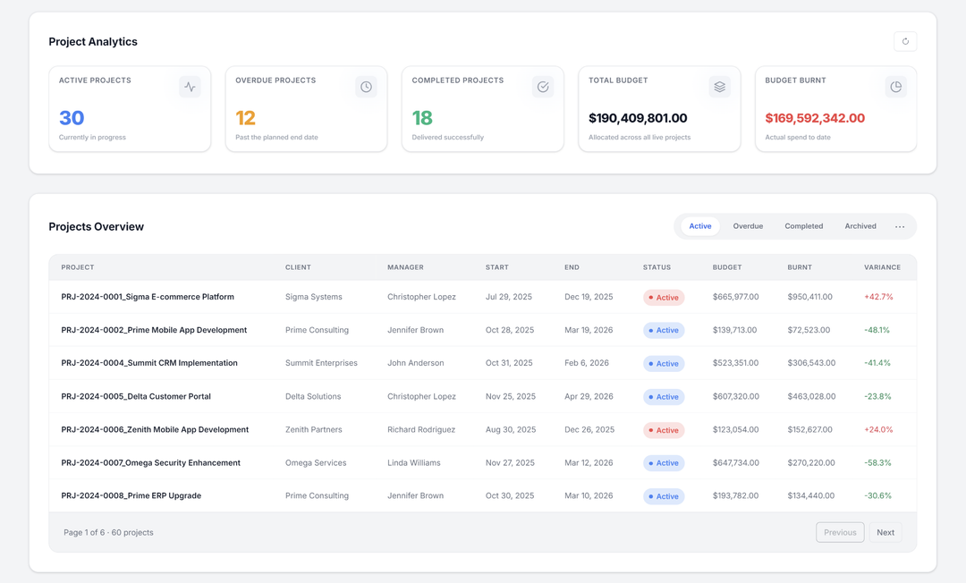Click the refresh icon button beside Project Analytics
tap(905, 41)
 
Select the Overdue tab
tap(748, 226)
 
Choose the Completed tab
tap(803, 226)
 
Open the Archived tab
tap(860, 226)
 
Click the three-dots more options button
tap(900, 227)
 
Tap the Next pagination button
tap(885, 532)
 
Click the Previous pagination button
tap(840, 532)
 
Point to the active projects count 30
tap(72, 118)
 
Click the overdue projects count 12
tap(246, 118)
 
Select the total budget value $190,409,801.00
tap(638, 118)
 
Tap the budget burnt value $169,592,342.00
tap(815, 118)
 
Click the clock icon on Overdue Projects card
tap(366, 87)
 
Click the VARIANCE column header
tap(882, 267)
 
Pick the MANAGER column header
tap(405, 267)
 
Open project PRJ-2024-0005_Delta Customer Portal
tap(136, 396)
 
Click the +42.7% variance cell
tap(878, 297)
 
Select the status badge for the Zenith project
tap(664, 430)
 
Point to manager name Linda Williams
tap(413, 463)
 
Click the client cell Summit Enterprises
tap(321, 363)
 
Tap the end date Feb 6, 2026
tap(587, 363)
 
